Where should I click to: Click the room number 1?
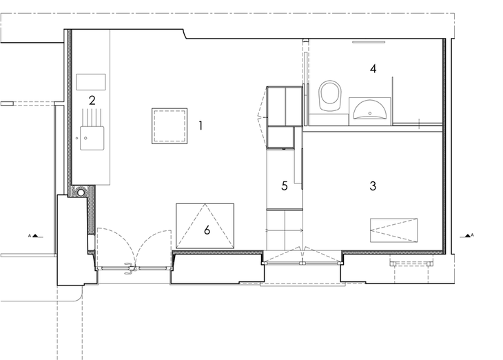coord(201,126)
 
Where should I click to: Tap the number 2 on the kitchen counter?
coord(92,101)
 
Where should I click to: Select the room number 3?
coord(373,186)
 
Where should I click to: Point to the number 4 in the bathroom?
coord(373,68)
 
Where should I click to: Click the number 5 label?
coord(285,186)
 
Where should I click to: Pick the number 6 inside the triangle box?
coord(207,230)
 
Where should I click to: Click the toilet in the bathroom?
coord(329,96)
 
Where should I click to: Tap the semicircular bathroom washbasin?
coord(369,109)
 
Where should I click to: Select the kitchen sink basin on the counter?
coord(92,138)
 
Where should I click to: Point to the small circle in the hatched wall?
coord(81,192)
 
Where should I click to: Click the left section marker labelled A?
coord(35,236)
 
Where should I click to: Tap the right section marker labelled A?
coord(468,235)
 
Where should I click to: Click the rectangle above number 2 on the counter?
coord(91,82)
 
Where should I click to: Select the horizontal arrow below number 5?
coord(284,230)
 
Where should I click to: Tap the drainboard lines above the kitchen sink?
coord(92,117)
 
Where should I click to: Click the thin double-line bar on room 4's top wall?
coord(369,42)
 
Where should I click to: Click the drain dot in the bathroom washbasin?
coord(370,113)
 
